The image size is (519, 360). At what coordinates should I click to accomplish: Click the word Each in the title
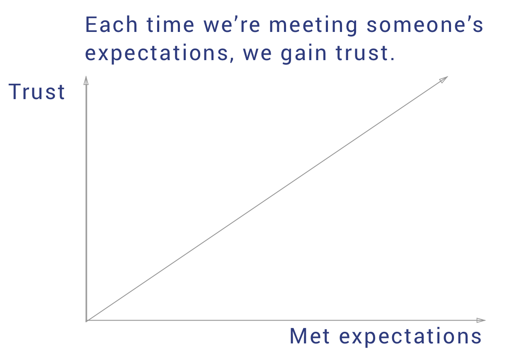[112, 24]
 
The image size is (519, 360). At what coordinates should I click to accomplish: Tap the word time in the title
[170, 24]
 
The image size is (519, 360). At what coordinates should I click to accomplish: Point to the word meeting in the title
[313, 26]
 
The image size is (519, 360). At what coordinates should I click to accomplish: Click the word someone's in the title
[425, 24]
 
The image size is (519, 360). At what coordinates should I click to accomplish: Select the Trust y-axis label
[36, 92]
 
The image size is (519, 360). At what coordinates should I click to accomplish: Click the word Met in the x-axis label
[310, 336]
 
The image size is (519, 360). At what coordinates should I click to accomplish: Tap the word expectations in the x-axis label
[410, 337]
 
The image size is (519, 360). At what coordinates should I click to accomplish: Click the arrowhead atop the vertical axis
[86, 80]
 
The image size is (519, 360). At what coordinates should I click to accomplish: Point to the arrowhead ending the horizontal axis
[481, 320]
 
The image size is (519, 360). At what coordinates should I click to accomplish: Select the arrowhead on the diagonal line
[443, 80]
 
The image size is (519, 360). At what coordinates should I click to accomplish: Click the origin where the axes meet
[86, 321]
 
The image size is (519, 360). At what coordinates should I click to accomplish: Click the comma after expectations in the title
[232, 60]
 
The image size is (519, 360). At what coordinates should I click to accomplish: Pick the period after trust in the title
[392, 59]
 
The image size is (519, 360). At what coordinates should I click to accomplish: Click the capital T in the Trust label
[15, 92]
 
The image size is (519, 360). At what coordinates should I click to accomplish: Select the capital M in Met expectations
[298, 336]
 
